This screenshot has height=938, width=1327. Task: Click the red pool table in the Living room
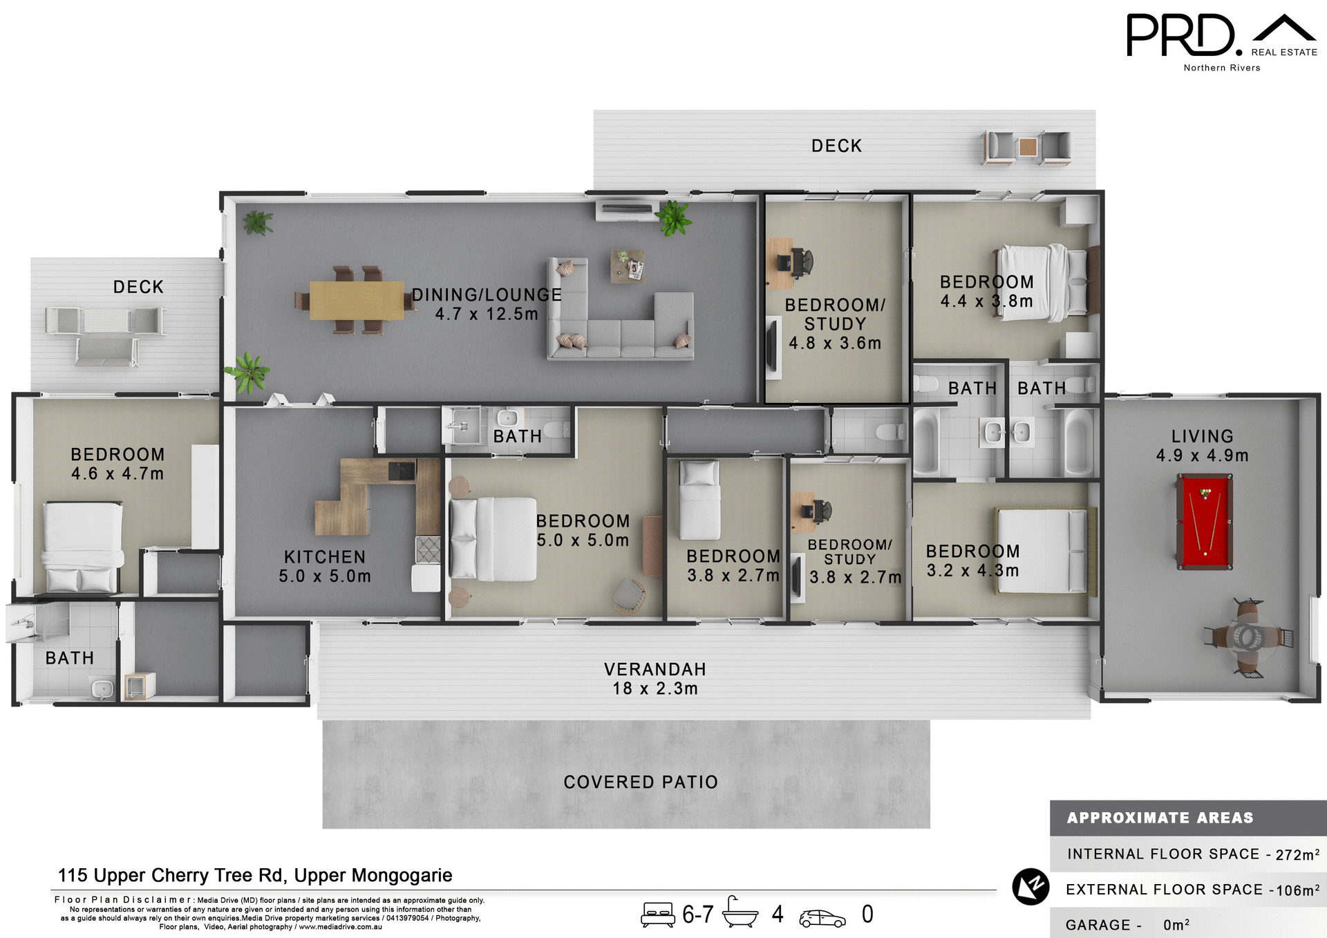point(1204,521)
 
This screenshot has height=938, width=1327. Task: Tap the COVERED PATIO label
point(641,782)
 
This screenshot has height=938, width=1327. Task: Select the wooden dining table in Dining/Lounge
point(356,301)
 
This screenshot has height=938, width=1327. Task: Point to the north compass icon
point(1030,886)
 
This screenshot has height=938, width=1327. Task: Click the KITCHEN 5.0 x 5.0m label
point(325,566)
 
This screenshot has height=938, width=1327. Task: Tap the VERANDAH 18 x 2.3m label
point(655,679)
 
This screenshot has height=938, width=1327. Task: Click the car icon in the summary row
point(822,917)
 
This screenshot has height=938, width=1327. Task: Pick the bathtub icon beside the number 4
point(740,913)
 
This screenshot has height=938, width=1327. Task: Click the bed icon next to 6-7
point(657,914)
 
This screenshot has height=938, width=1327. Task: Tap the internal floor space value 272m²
point(1297,854)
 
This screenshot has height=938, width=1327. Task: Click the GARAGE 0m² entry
point(1127,925)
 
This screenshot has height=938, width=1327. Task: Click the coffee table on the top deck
point(1028,147)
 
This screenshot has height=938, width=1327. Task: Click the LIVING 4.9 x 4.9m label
point(1202,446)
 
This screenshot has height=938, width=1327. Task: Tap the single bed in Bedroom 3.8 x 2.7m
point(699,500)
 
